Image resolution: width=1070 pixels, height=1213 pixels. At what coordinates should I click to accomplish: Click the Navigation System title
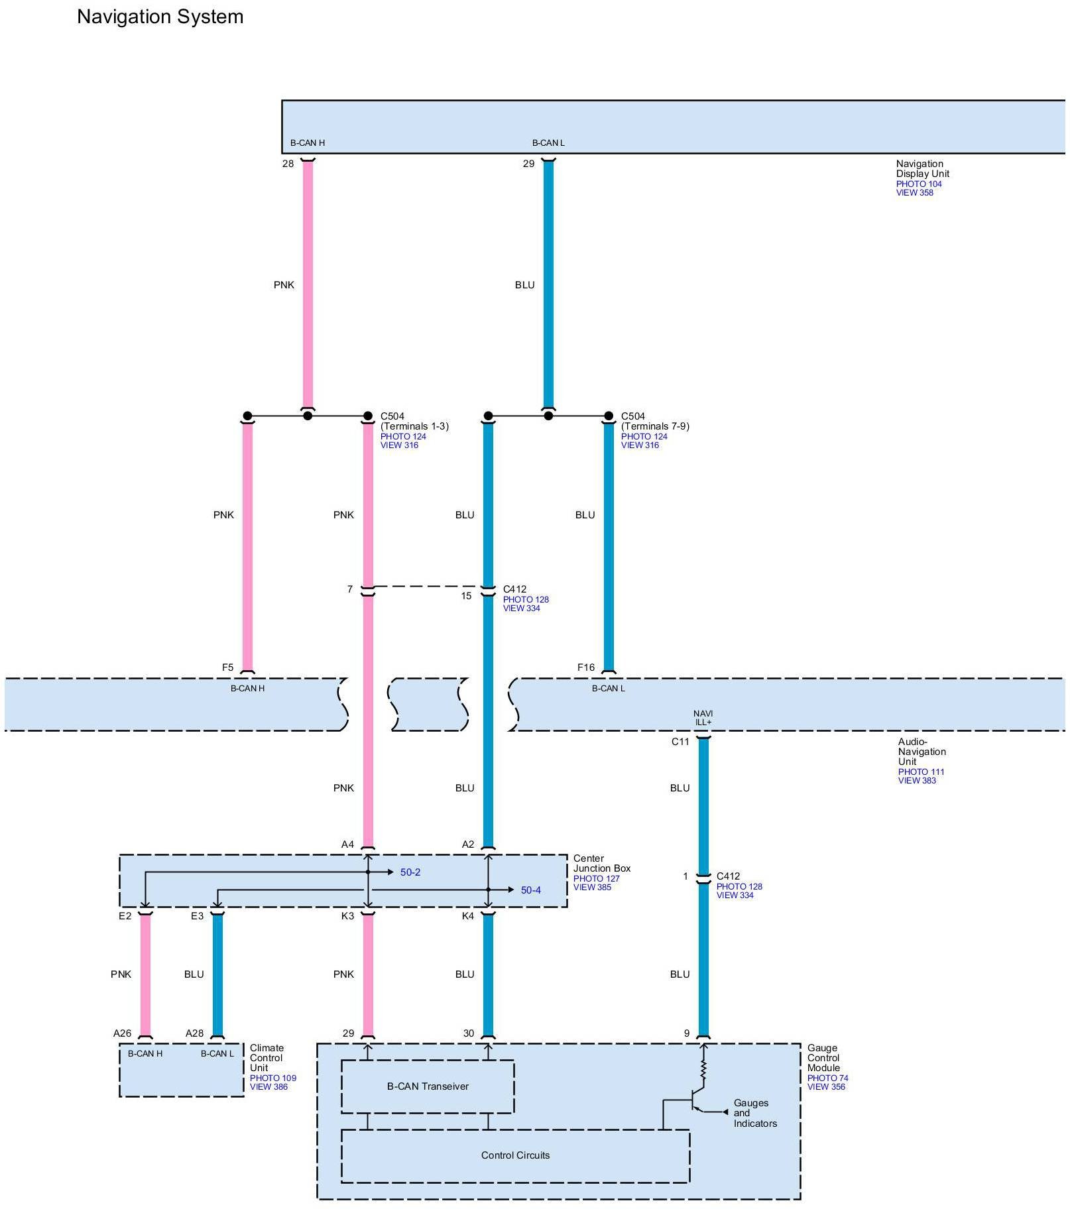pyautogui.click(x=160, y=17)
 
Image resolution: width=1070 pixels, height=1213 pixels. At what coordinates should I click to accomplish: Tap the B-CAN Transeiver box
pyautogui.click(x=428, y=1086)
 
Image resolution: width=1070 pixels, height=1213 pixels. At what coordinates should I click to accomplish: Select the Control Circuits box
pyautogui.click(x=515, y=1155)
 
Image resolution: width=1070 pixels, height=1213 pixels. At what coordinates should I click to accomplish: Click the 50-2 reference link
pyautogui.click(x=410, y=872)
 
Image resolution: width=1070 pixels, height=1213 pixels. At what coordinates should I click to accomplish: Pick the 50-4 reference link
pyautogui.click(x=530, y=890)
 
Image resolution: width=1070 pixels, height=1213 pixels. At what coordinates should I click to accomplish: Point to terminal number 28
pyautogui.click(x=288, y=164)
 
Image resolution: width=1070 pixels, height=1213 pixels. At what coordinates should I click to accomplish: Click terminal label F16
pyautogui.click(x=586, y=667)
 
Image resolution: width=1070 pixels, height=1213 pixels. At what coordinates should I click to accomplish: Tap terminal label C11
pyautogui.click(x=680, y=742)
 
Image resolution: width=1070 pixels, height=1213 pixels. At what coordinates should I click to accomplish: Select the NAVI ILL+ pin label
pyautogui.click(x=703, y=718)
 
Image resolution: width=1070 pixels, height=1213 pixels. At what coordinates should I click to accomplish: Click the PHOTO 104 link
pyautogui.click(x=919, y=184)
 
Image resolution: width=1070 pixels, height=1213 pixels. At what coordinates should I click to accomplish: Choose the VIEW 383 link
pyautogui.click(x=917, y=780)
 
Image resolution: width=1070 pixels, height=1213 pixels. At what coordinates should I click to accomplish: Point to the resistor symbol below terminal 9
pyautogui.click(x=704, y=1070)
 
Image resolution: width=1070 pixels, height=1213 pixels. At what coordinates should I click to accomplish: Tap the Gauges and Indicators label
pyautogui.click(x=754, y=1113)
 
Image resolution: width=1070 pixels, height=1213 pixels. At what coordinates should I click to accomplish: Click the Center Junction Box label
pyautogui.click(x=601, y=863)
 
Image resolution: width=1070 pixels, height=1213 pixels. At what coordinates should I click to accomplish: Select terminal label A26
pyautogui.click(x=123, y=1033)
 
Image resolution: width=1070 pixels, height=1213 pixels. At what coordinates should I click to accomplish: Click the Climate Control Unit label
pyautogui.click(x=267, y=1058)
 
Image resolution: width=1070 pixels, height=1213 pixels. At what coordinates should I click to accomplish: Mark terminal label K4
pyautogui.click(x=468, y=916)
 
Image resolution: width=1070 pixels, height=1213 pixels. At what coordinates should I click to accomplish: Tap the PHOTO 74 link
pyautogui.click(x=827, y=1078)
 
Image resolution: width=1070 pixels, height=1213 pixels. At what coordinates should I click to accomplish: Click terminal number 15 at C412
pyautogui.click(x=466, y=596)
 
